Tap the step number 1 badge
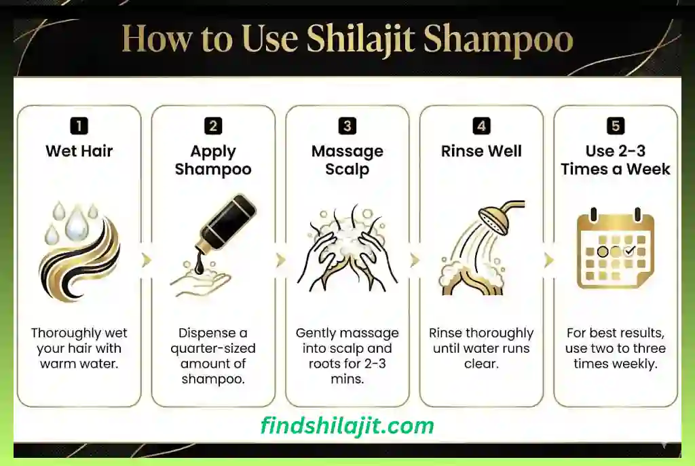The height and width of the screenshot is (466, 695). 79,125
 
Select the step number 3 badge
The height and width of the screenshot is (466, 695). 347,125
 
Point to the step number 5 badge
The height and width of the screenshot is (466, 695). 616,125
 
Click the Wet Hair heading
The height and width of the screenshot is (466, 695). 79,151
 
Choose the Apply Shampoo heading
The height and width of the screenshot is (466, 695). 213,160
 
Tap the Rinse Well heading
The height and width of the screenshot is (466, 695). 481,151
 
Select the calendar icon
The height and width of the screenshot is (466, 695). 615,250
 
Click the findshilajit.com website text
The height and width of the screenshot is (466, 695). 347,425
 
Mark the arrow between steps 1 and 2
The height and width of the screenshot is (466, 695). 146,260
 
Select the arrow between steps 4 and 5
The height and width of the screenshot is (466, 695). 548,260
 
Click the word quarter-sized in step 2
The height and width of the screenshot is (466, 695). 213,349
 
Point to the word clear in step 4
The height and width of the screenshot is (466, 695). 481,364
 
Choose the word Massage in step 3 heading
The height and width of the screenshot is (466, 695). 347,151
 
